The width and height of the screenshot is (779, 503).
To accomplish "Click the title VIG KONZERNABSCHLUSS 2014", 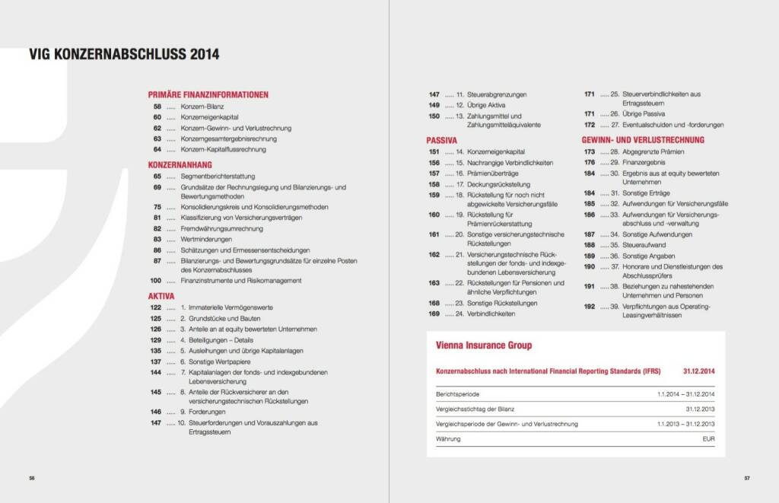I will [124, 55].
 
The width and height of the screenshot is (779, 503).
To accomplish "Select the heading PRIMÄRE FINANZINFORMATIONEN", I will [208, 95].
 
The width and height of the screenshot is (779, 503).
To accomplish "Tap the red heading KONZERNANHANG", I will [180, 164].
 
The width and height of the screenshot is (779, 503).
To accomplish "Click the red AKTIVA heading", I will [161, 296].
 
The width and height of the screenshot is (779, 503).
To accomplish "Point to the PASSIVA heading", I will [441, 141].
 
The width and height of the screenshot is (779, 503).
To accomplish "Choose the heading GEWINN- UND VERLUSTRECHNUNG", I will [643, 140].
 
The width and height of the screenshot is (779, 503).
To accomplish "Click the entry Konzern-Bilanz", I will [202, 107].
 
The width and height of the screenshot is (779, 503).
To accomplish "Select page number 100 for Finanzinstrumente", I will [155, 281].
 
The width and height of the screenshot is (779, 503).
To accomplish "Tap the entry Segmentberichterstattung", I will [218, 176].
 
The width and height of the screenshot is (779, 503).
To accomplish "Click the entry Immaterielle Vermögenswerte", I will [232, 307].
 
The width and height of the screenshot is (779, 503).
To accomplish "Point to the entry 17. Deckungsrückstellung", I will [492, 184].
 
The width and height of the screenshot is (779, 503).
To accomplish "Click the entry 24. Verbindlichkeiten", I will [485, 314].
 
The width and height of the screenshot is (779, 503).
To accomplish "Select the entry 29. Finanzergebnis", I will [638, 162].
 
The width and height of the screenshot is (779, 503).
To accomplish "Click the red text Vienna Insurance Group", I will [483, 345].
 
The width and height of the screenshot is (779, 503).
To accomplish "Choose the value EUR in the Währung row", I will [708, 439].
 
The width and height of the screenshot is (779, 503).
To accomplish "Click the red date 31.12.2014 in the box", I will [698, 371].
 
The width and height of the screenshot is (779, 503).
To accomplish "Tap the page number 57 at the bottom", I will [746, 478].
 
